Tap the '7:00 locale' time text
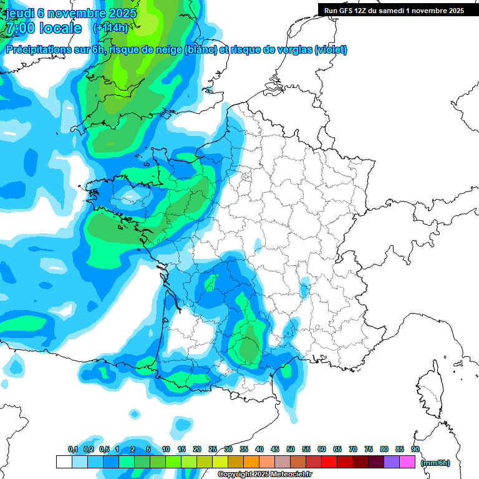tap(43, 29)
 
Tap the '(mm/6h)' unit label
tap(435, 462)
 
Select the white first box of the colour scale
tap(64, 462)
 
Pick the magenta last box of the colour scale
tap(407, 462)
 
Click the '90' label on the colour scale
tap(415, 449)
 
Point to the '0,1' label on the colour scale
tap(72, 449)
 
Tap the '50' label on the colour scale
tap(291, 449)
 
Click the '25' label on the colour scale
tap(213, 449)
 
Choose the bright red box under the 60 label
tap(329, 462)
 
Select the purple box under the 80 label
tap(392, 462)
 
